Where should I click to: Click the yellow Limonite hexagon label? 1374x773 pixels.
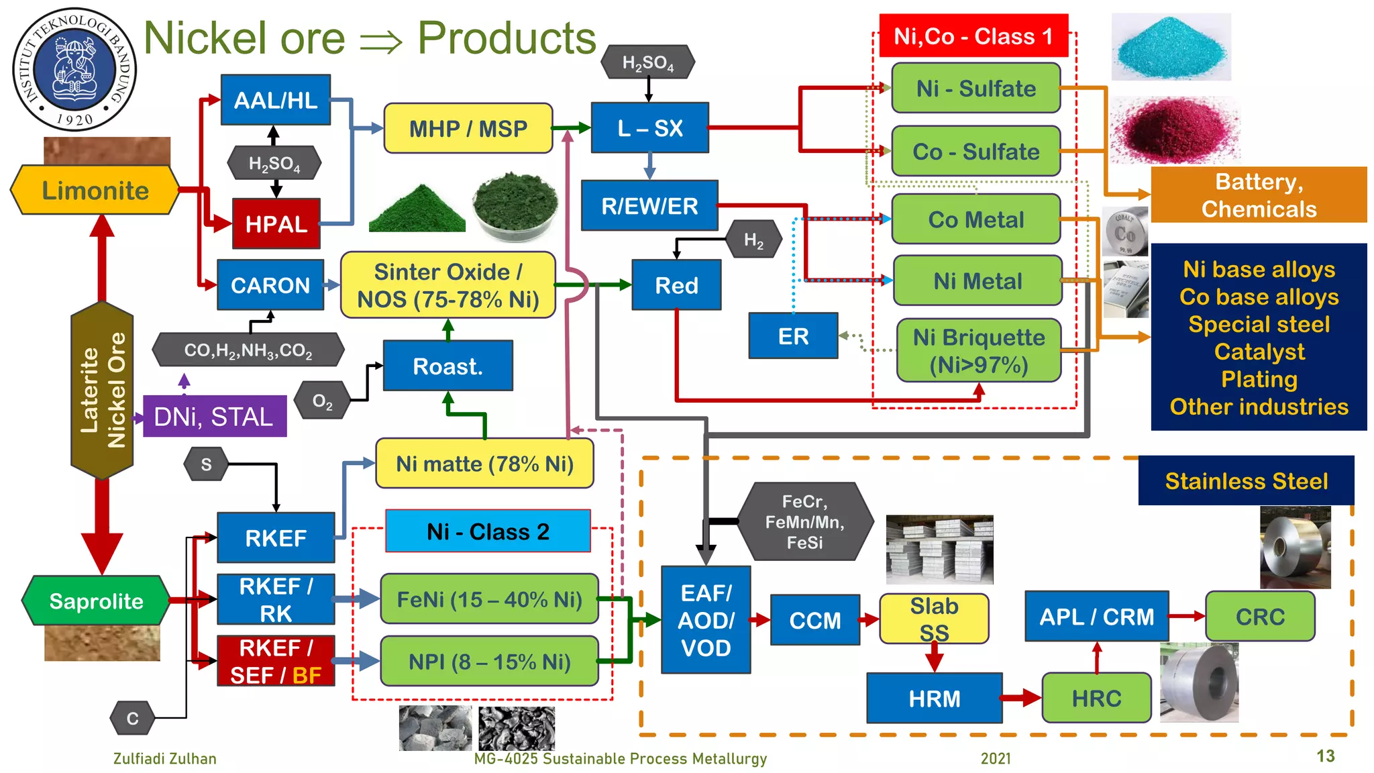pos(95,191)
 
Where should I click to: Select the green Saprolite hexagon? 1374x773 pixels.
pos(95,601)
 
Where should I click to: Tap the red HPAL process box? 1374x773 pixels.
pos(276,223)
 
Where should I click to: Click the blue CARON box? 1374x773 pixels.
pos(270,285)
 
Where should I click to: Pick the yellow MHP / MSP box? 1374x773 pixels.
pos(468,128)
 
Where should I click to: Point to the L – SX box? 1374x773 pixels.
pos(649,127)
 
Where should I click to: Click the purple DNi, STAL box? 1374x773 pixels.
pos(214,417)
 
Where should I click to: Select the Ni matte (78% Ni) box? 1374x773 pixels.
pos(484,464)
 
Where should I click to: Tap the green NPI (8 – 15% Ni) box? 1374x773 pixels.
pos(489,662)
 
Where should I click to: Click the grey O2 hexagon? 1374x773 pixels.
pos(323,401)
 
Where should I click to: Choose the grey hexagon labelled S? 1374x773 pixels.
pos(206,464)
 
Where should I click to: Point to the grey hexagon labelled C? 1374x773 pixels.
pos(132,719)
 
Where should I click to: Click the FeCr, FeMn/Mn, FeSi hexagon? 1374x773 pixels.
pos(804,522)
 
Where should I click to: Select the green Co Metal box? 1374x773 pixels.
pos(975,219)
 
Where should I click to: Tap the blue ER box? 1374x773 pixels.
pos(793,336)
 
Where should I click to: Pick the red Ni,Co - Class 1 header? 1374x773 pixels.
pos(973,36)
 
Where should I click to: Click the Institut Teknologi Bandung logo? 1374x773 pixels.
pos(74,70)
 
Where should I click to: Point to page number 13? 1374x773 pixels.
pos(1325,756)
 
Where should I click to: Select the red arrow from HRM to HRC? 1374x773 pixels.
pos(1022,698)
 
